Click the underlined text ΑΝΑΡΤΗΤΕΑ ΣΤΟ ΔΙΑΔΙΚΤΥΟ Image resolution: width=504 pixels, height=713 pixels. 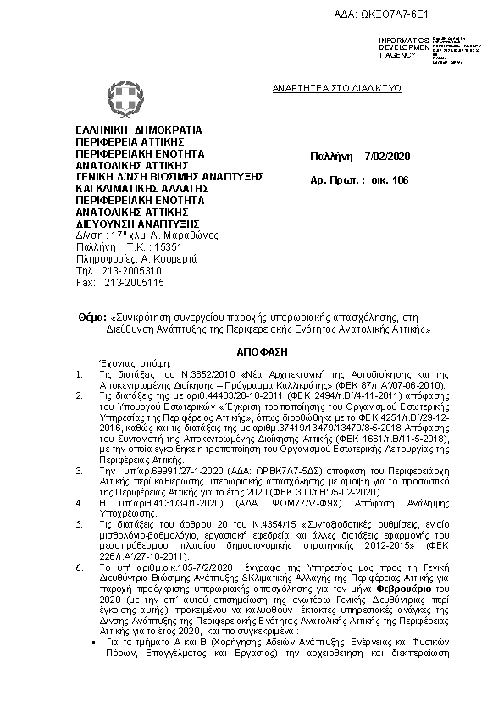coord(336,88)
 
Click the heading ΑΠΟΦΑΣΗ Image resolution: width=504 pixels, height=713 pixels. coord(252,348)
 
